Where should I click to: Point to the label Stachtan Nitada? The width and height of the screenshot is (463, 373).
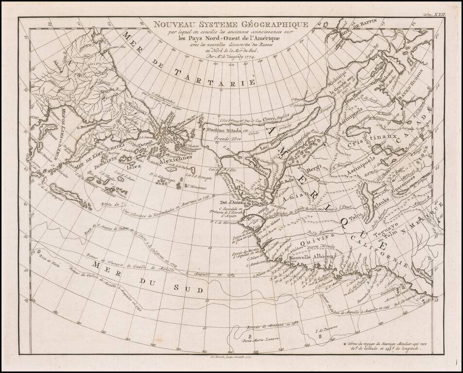(x=223, y=131)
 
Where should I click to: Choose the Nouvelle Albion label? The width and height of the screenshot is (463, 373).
(x=309, y=258)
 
